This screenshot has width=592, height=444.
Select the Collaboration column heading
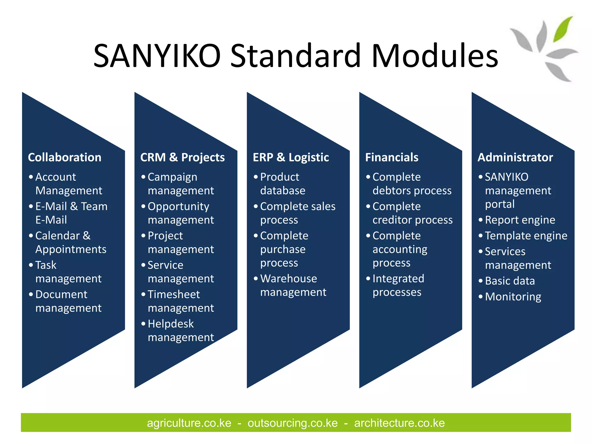tap(64, 158)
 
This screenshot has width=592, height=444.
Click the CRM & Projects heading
tap(182, 158)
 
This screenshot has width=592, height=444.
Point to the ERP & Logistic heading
tap(291, 158)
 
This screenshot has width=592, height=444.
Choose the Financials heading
tap(392, 158)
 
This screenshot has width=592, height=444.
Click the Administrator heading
tap(515, 158)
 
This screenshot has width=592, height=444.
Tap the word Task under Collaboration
tap(46, 265)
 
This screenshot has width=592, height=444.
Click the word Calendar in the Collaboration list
tap(57, 236)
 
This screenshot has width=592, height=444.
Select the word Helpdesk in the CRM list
tap(171, 324)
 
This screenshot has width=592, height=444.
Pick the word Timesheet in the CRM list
tap(174, 294)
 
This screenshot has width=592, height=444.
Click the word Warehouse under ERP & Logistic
tap(288, 279)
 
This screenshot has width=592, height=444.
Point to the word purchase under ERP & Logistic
tap(283, 249)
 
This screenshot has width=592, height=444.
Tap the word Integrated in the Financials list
tap(398, 279)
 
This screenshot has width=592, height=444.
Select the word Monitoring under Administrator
tap(513, 297)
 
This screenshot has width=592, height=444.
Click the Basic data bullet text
tap(510, 281)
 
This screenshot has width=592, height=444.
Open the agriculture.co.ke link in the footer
tap(189, 423)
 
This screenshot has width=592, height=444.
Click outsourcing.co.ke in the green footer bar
tap(293, 423)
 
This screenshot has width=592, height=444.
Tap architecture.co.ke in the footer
tap(399, 423)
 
